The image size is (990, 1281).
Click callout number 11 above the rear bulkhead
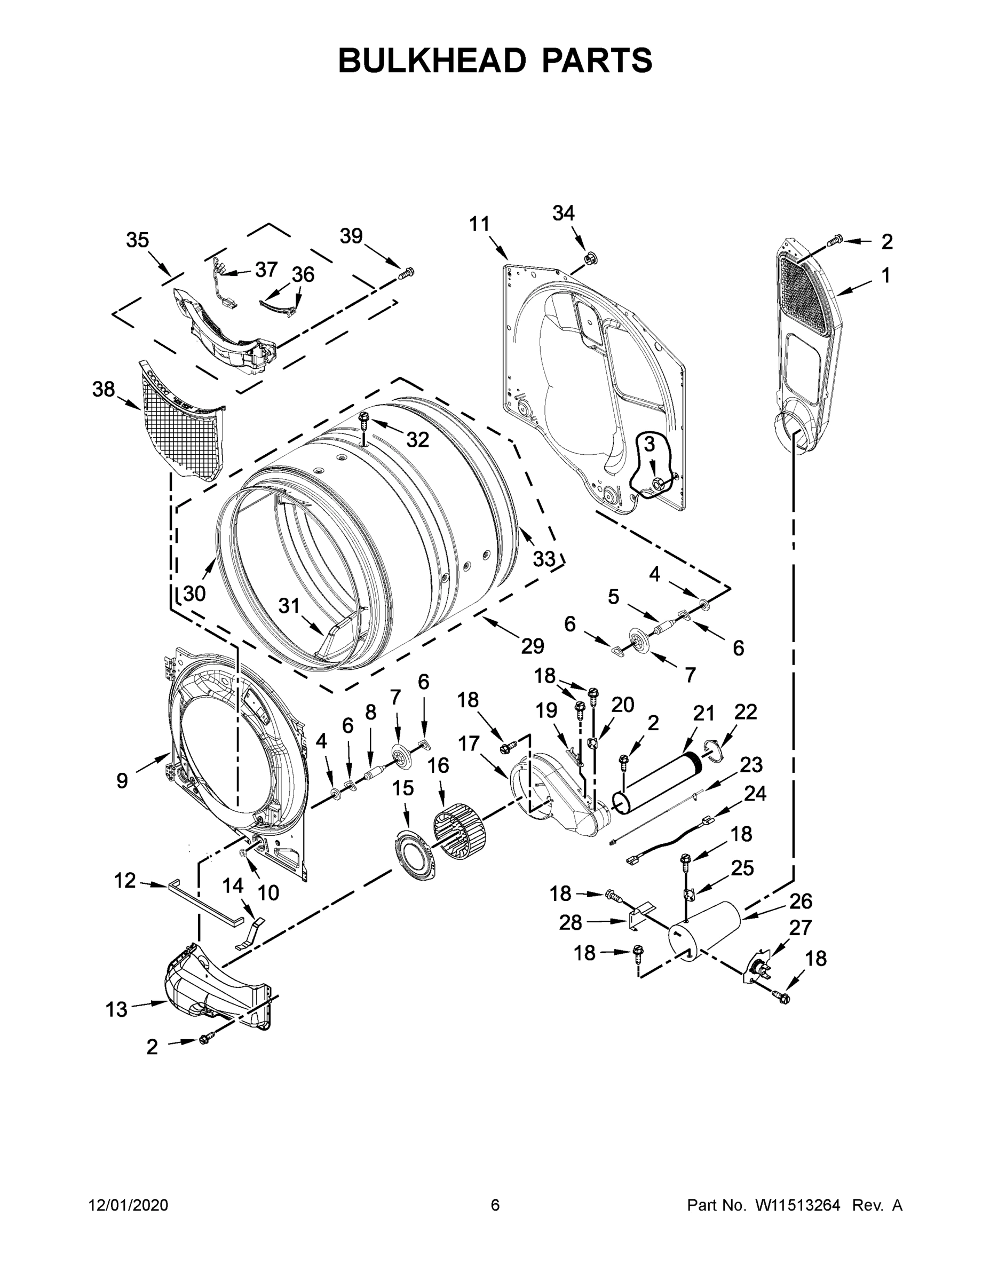pyautogui.click(x=479, y=224)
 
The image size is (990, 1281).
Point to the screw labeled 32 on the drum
pyautogui.click(x=363, y=420)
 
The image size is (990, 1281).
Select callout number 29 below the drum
pyautogui.click(x=533, y=646)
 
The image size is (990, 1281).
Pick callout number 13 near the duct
pyautogui.click(x=116, y=1009)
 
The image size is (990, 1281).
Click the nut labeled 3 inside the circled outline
pyautogui.click(x=658, y=482)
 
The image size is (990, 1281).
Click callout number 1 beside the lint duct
pyautogui.click(x=885, y=275)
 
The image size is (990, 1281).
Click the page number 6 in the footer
pyautogui.click(x=495, y=1205)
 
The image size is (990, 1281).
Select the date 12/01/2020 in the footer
pyautogui.click(x=129, y=1205)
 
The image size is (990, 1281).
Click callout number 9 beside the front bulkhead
pyautogui.click(x=122, y=781)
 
